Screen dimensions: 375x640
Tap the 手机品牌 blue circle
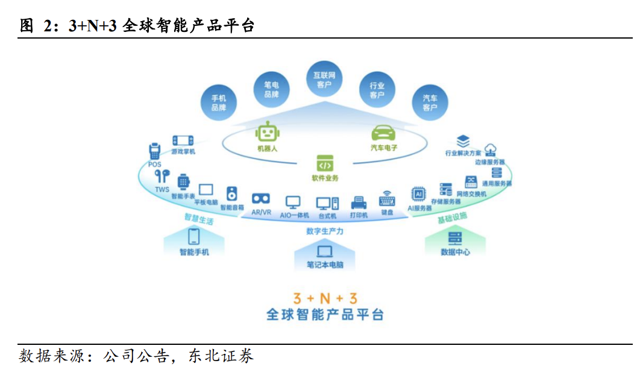click(x=218, y=102)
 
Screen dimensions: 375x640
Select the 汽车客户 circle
click(x=430, y=102)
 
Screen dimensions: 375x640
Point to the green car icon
click(x=383, y=133)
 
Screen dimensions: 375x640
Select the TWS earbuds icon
click(x=162, y=176)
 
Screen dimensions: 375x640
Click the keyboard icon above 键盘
click(x=387, y=200)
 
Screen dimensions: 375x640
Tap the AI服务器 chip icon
click(x=418, y=194)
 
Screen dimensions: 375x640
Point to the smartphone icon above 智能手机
click(x=194, y=236)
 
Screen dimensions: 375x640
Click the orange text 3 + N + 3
click(x=324, y=298)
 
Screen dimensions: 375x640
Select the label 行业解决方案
click(x=463, y=153)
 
